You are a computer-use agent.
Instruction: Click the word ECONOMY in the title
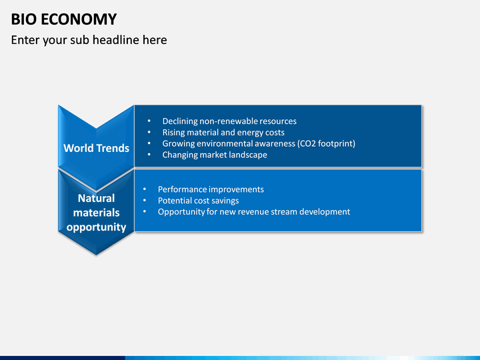click(x=79, y=19)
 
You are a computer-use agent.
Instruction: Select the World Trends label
click(x=97, y=148)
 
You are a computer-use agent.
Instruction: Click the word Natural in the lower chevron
click(x=97, y=199)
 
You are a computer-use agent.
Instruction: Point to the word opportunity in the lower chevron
click(x=97, y=227)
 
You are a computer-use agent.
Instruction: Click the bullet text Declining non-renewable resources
click(x=229, y=121)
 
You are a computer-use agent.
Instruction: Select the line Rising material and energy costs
click(x=223, y=133)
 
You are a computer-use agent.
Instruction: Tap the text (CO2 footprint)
click(x=326, y=143)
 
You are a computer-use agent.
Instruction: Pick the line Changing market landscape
click(x=215, y=155)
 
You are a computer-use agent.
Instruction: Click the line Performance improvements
click(x=211, y=189)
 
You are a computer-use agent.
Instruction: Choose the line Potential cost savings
click(x=199, y=201)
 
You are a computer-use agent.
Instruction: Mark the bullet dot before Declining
click(x=149, y=121)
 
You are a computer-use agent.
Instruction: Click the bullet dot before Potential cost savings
click(x=145, y=201)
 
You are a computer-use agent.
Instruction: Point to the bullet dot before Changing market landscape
click(x=149, y=155)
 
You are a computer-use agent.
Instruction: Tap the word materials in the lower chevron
click(x=97, y=213)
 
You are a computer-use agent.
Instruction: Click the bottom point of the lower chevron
click(x=96, y=255)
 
